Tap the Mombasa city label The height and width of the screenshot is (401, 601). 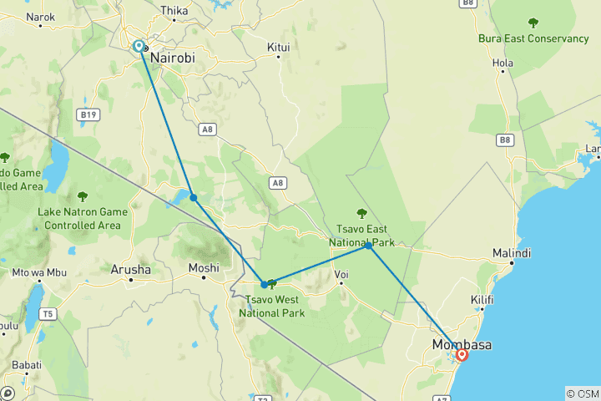[x=461, y=345]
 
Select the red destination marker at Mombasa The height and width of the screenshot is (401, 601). [x=462, y=355]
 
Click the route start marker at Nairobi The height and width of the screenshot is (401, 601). [x=138, y=47]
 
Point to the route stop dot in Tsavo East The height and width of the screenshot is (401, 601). [x=368, y=246]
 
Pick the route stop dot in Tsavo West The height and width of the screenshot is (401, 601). [x=265, y=284]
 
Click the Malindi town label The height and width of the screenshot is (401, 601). [x=511, y=253]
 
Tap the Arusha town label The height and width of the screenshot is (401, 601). [x=131, y=270]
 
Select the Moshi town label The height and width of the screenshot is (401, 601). [x=204, y=268]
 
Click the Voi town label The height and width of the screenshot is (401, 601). [x=341, y=273]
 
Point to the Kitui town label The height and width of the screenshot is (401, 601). [x=278, y=48]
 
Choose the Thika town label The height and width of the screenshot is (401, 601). [x=174, y=11]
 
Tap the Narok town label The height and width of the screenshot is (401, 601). [x=40, y=17]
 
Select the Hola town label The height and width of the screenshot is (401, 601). [x=503, y=62]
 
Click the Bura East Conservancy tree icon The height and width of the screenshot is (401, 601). [x=533, y=23]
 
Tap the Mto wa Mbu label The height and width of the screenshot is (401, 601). [x=38, y=272]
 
